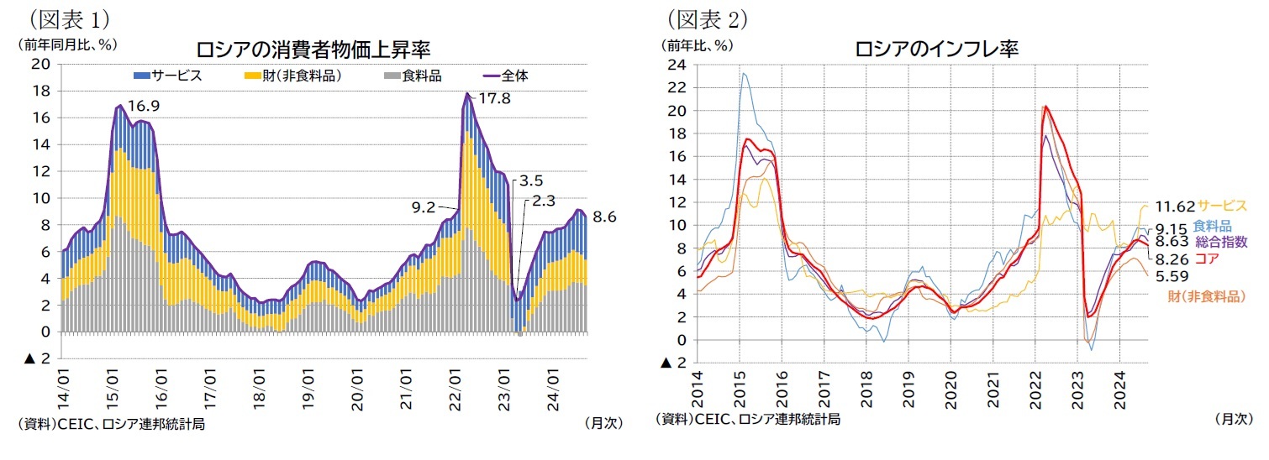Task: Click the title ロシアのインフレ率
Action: point(936,49)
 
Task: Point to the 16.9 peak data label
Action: point(143,106)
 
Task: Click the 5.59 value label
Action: point(1170,275)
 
